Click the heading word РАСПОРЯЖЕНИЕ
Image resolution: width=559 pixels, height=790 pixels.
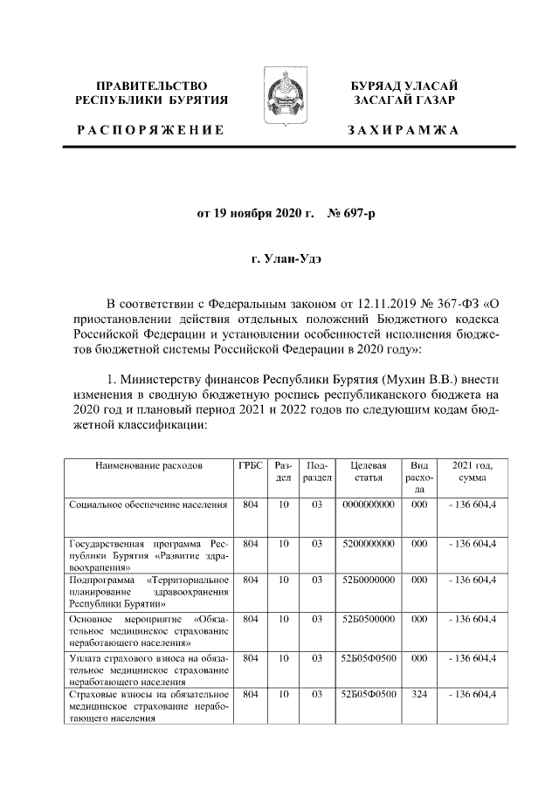(149, 129)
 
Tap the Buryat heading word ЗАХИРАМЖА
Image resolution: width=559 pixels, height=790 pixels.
(404, 129)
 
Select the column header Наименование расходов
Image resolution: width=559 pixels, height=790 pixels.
(148, 467)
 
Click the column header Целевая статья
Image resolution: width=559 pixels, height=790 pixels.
(367, 472)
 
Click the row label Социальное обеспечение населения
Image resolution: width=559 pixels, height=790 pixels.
(148, 505)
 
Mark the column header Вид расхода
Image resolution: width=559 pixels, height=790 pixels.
(419, 478)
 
